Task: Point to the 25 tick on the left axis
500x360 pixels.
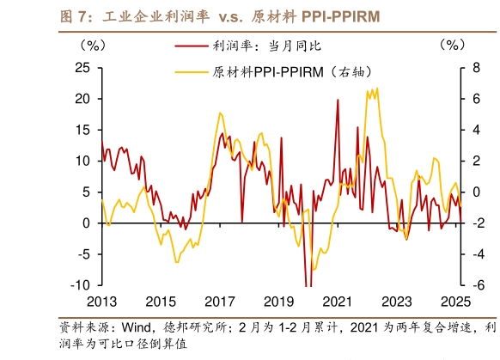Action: [x=82, y=68]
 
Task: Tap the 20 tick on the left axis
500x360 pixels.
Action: [x=82, y=99]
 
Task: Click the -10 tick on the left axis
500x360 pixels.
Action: [x=80, y=284]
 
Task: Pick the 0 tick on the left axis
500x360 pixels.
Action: [x=86, y=223]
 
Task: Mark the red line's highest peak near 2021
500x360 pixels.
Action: [x=337, y=101]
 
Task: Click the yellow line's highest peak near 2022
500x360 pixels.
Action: [x=375, y=88]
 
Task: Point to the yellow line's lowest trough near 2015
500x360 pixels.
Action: [x=177, y=262]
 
